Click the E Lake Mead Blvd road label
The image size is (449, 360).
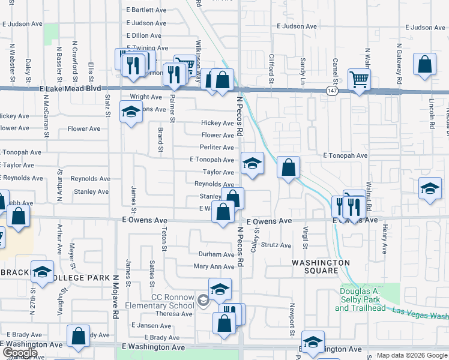click(71, 88)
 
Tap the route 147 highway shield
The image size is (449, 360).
click(332, 90)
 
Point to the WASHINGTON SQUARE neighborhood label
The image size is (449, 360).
click(321, 267)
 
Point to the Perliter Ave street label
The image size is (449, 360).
click(217, 148)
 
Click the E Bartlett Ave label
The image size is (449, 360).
click(146, 10)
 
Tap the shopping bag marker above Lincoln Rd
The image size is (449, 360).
click(425, 65)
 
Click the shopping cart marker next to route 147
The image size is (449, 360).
click(359, 79)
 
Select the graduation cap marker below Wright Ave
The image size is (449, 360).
click(131, 112)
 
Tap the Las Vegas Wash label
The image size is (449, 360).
click(421, 314)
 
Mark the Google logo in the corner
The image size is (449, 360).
click(19, 353)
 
